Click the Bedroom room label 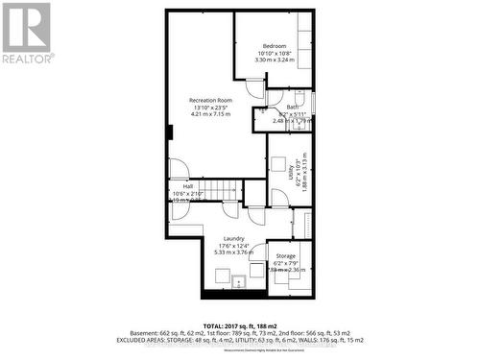pos(276,46)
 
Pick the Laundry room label pos(233,238)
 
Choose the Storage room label pos(285,255)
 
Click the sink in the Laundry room pos(238,279)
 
